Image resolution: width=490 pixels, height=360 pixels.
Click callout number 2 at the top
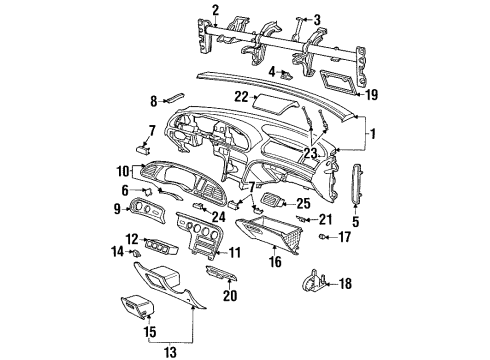(215, 11)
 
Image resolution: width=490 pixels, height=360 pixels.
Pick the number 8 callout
(154, 101)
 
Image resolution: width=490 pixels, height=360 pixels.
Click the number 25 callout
(303, 203)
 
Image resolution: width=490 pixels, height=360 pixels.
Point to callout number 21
(297, 219)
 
